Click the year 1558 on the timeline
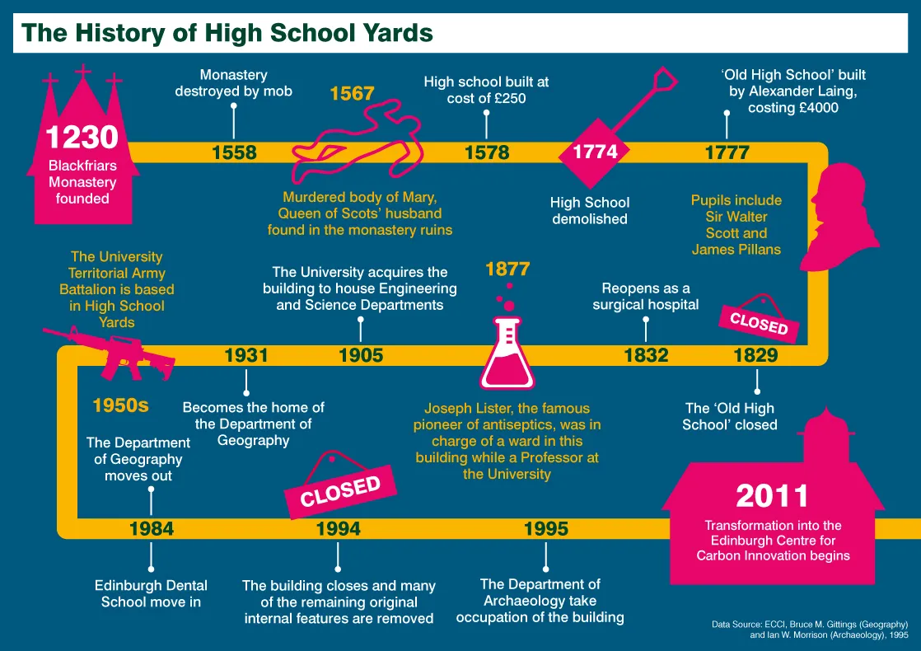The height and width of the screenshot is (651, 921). [x=234, y=152]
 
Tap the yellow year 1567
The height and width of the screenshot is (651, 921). [x=352, y=94]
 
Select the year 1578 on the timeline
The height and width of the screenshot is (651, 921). [x=487, y=152]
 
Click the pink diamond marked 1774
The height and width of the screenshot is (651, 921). [x=595, y=152]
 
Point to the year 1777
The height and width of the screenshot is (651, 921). [x=727, y=152]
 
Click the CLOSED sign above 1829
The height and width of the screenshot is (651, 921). [x=759, y=322]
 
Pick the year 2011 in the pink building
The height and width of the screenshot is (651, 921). [x=772, y=496]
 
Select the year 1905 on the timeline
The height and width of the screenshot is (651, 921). [x=361, y=355]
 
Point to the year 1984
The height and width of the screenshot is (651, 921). [x=152, y=528]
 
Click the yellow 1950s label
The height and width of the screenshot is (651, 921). [x=120, y=405]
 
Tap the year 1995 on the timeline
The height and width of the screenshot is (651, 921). [x=546, y=528]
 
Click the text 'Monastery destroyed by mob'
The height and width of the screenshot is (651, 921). [x=233, y=83]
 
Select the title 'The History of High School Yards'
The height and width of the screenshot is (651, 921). [x=227, y=33]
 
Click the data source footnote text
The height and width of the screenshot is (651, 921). [x=809, y=630]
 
